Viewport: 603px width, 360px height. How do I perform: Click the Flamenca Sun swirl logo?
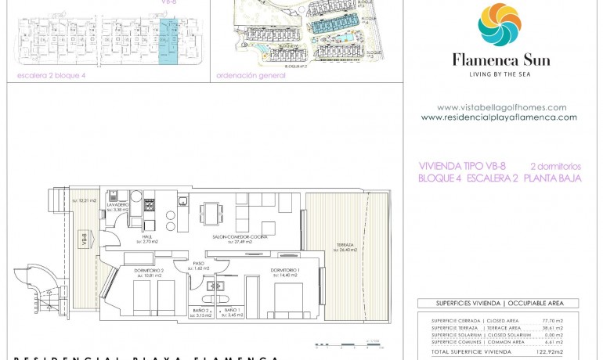pyautogui.click(x=500, y=25)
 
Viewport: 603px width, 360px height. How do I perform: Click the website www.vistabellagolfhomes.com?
pyautogui.click(x=501, y=107)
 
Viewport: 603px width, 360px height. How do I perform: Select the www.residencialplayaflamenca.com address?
pyautogui.click(x=499, y=117)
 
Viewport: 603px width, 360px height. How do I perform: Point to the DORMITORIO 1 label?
pyautogui.click(x=286, y=271)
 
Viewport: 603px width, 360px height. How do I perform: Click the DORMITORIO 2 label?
pyautogui.click(x=147, y=271)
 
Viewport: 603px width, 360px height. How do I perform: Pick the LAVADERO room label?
pyautogui.click(x=118, y=205)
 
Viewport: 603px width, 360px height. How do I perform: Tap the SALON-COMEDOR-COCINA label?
pyautogui.click(x=236, y=237)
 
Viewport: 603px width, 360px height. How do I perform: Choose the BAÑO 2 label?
pyautogui.click(x=203, y=311)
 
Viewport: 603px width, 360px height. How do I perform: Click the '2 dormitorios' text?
pyautogui.click(x=555, y=166)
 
